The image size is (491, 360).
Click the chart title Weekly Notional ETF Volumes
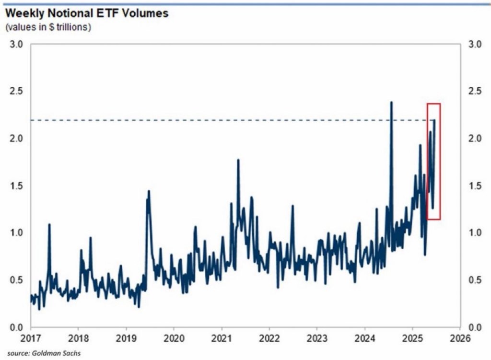click(87, 13)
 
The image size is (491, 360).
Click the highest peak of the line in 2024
click(391, 102)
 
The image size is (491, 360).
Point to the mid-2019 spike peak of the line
click(149, 191)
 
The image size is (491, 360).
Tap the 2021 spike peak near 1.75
click(238, 160)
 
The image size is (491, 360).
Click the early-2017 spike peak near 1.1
click(49, 224)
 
